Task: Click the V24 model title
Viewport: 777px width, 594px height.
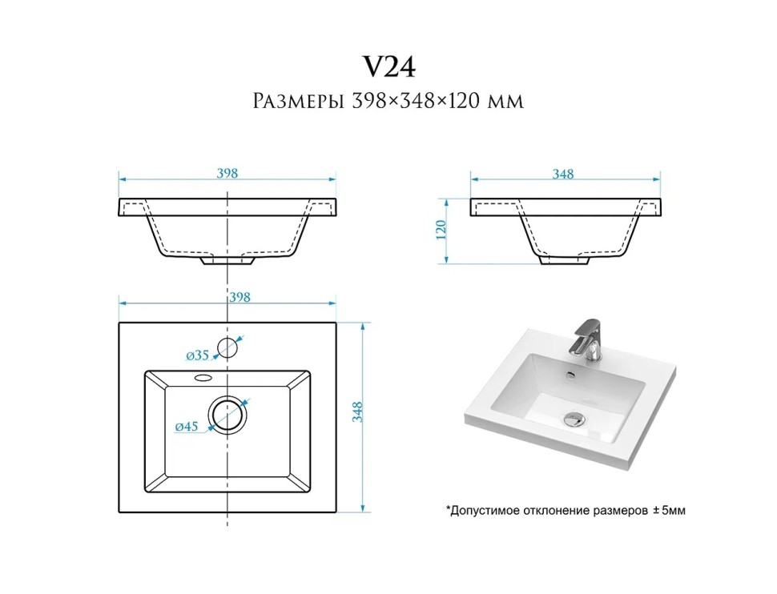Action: point(389,66)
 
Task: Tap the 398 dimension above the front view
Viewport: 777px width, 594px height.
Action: point(227,173)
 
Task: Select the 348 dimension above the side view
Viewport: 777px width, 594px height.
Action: point(563,174)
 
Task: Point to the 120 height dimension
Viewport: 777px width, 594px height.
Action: point(441,230)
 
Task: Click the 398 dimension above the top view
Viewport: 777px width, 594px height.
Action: point(240,297)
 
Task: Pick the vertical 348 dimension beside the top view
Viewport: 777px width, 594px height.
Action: point(357,412)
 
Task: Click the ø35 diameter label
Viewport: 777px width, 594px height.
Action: point(198,355)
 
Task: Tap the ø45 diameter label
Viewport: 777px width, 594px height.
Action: point(187,426)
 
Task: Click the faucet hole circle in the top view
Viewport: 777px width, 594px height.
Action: point(227,338)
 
